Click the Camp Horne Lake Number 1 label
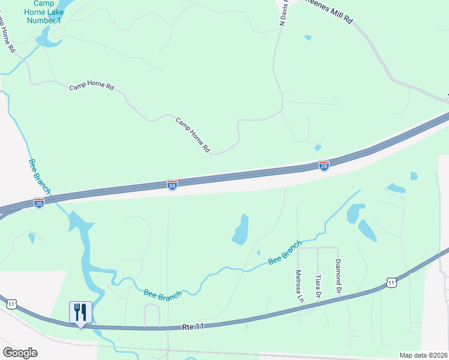44,12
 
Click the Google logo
20,353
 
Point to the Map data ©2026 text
423,355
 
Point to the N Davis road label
283,12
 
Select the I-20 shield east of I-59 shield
324,165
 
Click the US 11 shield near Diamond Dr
391,282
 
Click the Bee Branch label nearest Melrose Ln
285,253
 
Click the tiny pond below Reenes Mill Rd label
308,38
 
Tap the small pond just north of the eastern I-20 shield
318,148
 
